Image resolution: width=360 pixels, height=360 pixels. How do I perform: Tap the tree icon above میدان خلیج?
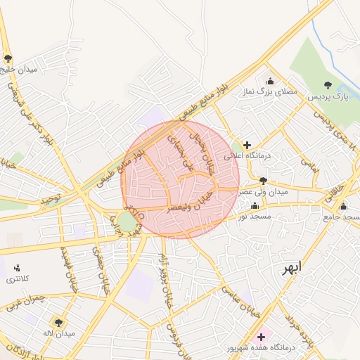8,59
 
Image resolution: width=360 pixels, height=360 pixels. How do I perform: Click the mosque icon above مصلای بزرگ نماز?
271,81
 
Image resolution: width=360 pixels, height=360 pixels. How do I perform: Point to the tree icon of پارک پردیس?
328,84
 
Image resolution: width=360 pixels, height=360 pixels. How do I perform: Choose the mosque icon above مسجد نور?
254,206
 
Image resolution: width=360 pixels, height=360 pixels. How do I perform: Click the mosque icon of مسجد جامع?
343,207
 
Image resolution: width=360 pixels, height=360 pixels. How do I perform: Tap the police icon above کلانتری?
17,268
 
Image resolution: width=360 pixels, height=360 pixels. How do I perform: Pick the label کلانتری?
18,280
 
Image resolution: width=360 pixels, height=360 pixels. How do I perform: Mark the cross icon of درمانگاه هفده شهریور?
262,337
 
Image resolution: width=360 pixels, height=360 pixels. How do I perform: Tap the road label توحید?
51,200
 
